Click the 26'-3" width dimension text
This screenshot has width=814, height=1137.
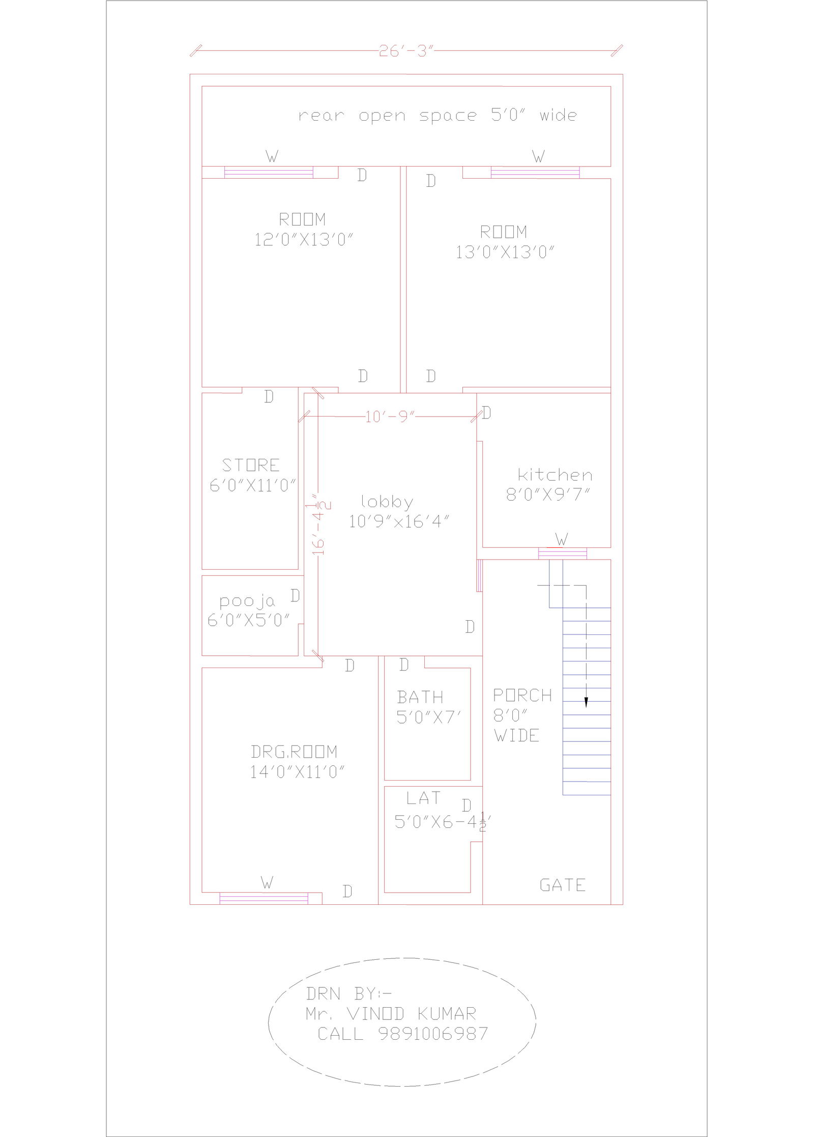[x=405, y=51]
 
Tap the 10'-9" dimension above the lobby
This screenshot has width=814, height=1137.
[x=390, y=418]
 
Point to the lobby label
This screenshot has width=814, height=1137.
[x=387, y=502]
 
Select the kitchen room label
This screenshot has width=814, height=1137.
[x=555, y=475]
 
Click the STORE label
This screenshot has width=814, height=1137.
[x=251, y=465]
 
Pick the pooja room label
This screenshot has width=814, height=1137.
[x=247, y=602]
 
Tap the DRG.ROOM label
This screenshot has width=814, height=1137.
[x=294, y=752]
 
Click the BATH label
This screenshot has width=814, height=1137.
[x=420, y=697]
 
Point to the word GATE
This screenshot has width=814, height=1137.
[x=562, y=885]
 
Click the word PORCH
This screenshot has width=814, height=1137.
[x=522, y=695]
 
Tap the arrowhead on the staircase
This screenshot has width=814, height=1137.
[x=586, y=702]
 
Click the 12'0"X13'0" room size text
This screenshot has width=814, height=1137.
[x=304, y=239]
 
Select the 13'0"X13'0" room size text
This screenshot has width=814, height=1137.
[x=505, y=252]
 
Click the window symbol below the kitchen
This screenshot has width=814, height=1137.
[x=562, y=553]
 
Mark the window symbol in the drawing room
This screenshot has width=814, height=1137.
[x=264, y=899]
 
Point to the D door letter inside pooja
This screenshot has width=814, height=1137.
[x=295, y=595]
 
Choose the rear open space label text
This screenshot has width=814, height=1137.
[x=438, y=116]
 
